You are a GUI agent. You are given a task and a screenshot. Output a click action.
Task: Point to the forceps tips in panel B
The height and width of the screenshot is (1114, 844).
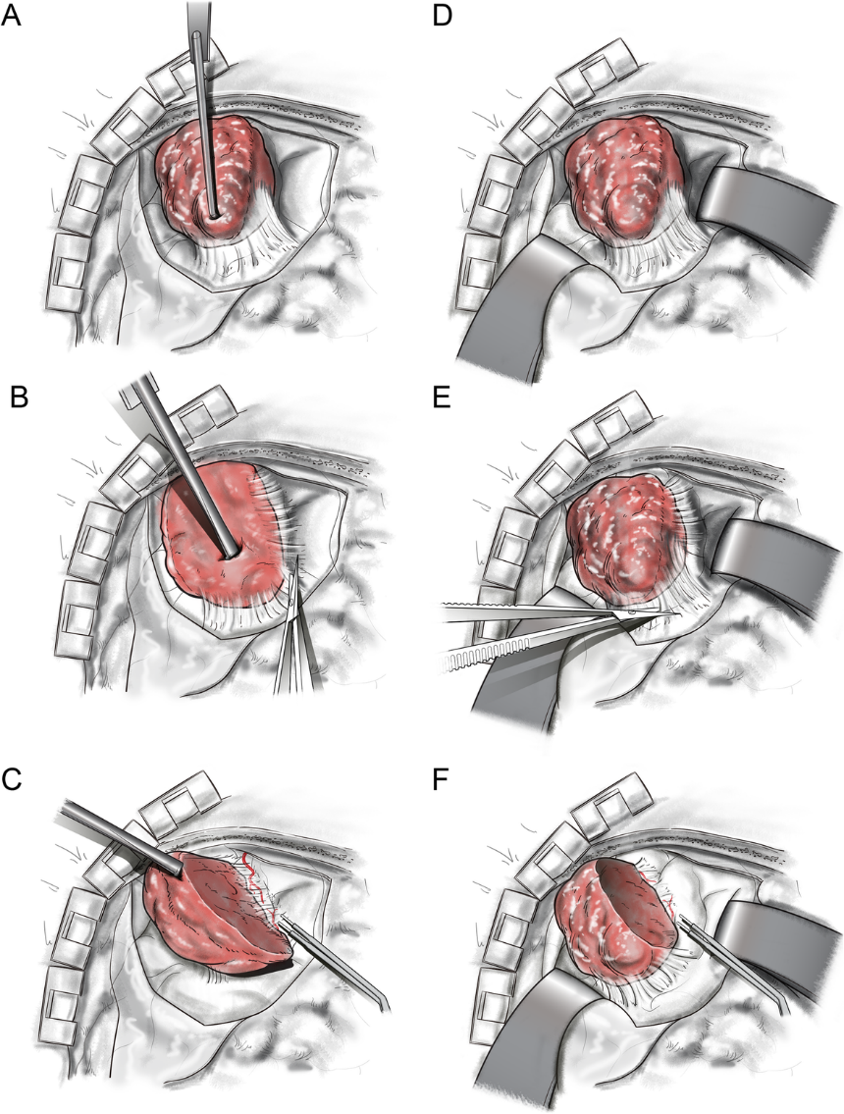(295, 569)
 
